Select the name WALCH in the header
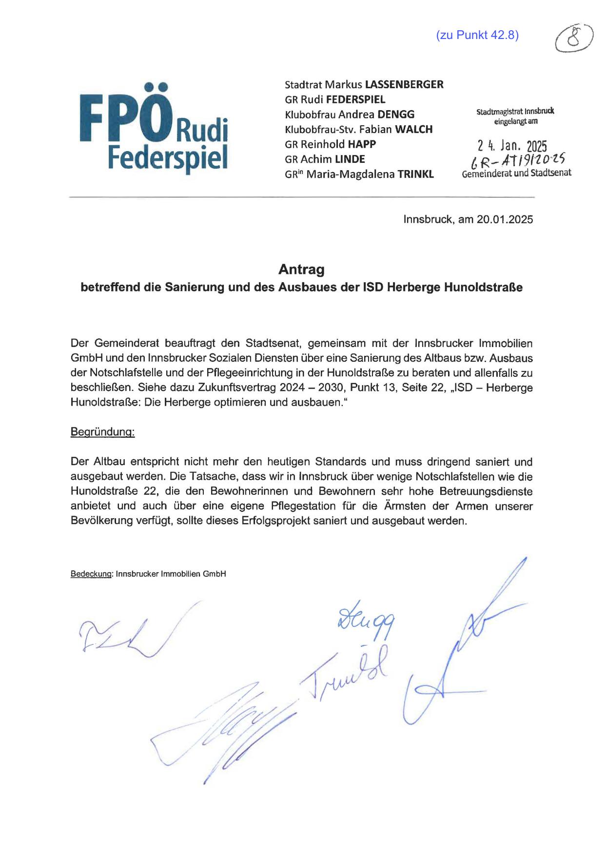click(413, 129)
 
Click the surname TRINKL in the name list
click(415, 174)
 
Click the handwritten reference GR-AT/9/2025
click(515, 159)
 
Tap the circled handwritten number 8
click(574, 38)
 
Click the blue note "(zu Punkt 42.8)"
click(477, 35)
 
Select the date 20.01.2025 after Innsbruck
click(505, 219)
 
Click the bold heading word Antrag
click(301, 269)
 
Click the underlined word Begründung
click(102, 432)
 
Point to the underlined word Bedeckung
click(92, 574)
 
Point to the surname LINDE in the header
click(350, 159)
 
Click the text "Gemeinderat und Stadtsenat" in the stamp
click(516, 173)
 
